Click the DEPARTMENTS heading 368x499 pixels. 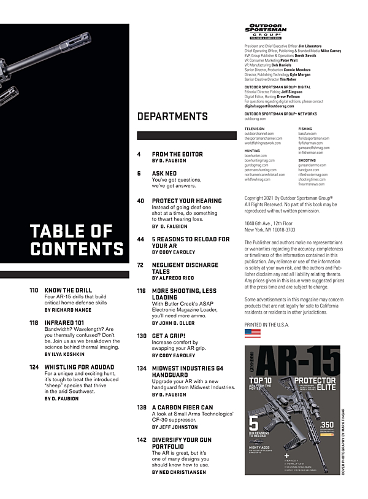(172, 116)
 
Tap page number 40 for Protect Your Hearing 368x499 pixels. (140, 201)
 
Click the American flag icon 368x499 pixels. (252, 333)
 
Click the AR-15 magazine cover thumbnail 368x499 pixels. (292, 409)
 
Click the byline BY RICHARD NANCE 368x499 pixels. (67, 311)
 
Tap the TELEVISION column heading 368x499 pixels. (255, 129)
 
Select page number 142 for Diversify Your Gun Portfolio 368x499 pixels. (142, 440)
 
